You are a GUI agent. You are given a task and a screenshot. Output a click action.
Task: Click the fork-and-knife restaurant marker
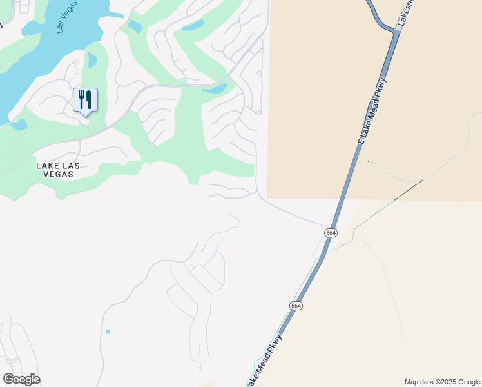coord(85,100)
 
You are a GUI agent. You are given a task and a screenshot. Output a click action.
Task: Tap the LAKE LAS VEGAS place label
coord(58,170)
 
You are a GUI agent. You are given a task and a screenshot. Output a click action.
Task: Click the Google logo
coord(21,379)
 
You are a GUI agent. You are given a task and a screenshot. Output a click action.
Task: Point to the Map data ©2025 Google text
coord(442,382)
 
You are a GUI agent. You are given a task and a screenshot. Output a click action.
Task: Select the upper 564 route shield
coord(331,232)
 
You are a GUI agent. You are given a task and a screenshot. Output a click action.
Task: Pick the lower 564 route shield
coord(296,306)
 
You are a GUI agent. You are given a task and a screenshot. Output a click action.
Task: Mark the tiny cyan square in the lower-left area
coord(108,332)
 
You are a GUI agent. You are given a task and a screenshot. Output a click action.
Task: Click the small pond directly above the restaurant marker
coord(92,61)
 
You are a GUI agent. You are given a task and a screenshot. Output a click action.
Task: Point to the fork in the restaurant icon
coord(81,99)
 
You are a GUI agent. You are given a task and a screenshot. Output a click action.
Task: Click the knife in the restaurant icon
coord(89,99)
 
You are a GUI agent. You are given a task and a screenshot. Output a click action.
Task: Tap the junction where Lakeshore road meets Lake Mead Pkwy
coord(394,30)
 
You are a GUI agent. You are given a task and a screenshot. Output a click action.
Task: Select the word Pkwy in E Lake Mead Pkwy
coord(381,87)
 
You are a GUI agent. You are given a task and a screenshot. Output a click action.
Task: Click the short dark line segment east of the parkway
coord(409,189)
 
